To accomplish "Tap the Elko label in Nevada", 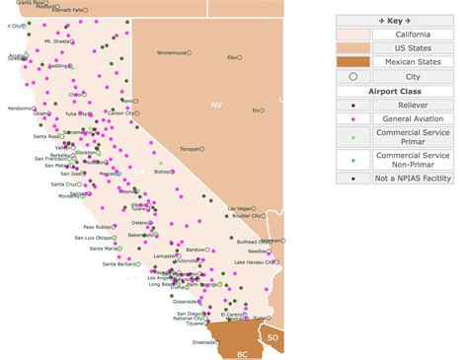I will (x=232, y=57).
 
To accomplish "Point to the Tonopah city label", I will (x=190, y=149).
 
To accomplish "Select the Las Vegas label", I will (x=240, y=208).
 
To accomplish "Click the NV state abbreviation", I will (x=216, y=104).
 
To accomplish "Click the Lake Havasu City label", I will (x=254, y=262).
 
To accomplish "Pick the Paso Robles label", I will (x=96, y=227).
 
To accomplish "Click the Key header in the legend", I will (x=394, y=20).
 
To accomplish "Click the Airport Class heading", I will (x=394, y=90).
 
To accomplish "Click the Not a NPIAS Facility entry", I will (x=413, y=178).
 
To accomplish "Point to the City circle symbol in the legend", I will (x=352, y=75).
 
